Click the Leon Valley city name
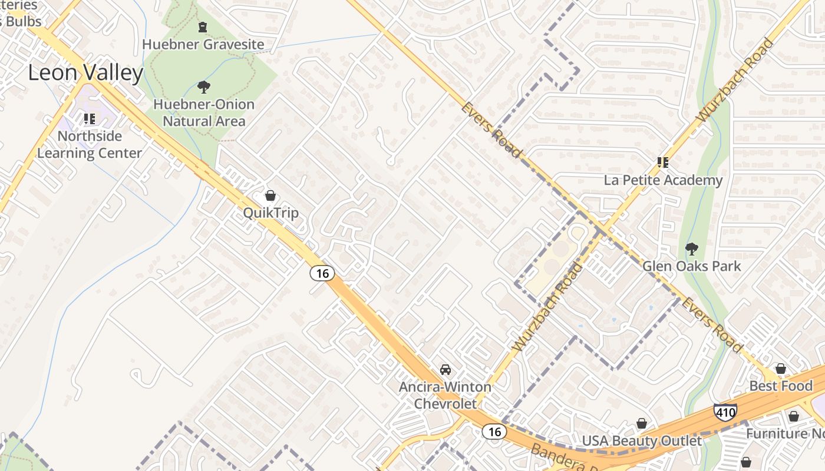tap(86, 73)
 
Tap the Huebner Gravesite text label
tap(203, 45)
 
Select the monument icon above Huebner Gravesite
tap(203, 27)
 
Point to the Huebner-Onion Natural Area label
tap(204, 113)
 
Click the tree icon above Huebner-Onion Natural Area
tap(204, 88)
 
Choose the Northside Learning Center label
tap(90, 145)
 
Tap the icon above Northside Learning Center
tap(90, 120)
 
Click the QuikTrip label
tap(271, 213)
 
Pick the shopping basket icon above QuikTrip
tap(270, 195)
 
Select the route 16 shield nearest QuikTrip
tap(322, 273)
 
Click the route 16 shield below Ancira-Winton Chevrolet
tap(494, 432)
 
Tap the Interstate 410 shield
tap(725, 412)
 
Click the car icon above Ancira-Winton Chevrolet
tap(445, 370)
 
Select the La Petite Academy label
tap(663, 180)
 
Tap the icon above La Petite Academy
tap(663, 162)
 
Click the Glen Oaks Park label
tap(692, 267)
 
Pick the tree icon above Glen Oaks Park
tap(692, 249)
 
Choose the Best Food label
tap(781, 386)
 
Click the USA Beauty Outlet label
tap(642, 441)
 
